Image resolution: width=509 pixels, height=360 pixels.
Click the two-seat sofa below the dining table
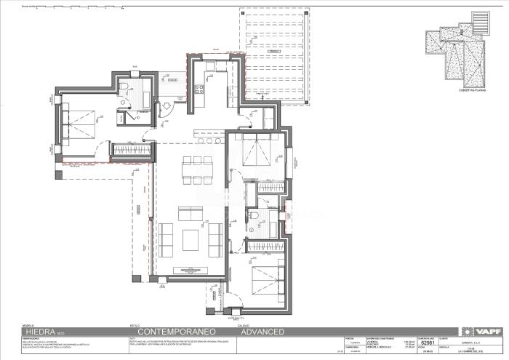pyautogui.click(x=192, y=214)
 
